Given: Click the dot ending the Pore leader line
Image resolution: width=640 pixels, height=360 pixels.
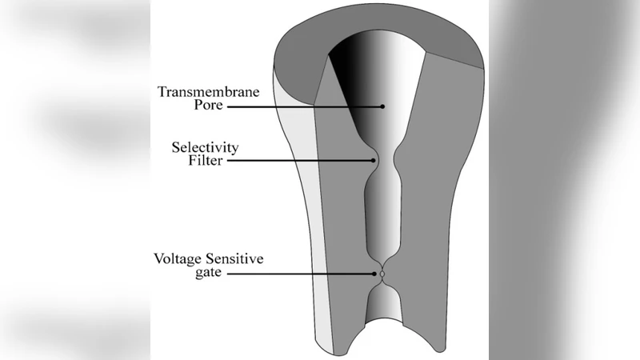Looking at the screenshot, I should coord(382,106).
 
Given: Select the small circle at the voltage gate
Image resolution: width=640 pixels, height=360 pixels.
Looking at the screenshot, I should coord(382,274).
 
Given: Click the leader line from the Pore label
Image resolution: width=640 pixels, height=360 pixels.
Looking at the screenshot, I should coord(304,106).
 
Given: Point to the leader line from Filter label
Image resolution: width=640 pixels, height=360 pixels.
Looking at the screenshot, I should coord(296,160).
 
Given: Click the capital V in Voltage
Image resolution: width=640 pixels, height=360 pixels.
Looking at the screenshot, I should coord(158,259).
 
